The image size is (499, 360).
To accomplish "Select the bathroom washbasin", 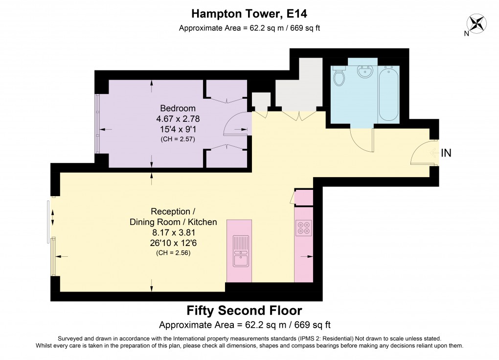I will pos(365,72).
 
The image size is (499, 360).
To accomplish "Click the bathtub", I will pos(389,93).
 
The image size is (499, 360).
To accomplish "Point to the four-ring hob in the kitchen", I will pos(303,227).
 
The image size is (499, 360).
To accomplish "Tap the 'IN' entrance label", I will pos(446,153).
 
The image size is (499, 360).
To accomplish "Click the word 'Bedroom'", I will pos(178,109).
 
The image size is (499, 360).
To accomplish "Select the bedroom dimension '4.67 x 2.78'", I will pos(178,118).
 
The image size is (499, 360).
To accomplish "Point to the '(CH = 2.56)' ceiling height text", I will pos(173,253).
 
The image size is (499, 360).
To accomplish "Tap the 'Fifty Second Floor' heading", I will pos(245,311).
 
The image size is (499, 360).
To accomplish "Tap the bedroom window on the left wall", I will pos(97,123).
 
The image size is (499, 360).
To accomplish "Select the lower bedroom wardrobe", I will pos(226,157).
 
